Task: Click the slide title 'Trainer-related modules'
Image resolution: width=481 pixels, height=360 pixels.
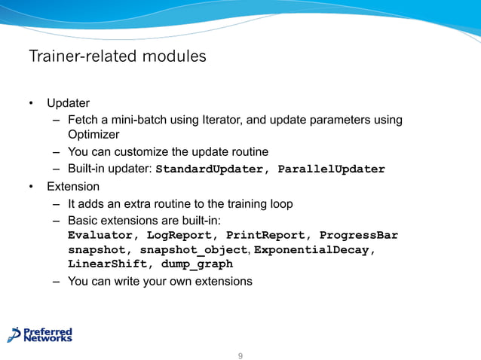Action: pyautogui.click(x=117, y=56)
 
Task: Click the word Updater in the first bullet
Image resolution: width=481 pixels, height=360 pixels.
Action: pyautogui.click(x=69, y=103)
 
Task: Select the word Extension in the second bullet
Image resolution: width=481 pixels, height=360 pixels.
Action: pyautogui.click(x=73, y=186)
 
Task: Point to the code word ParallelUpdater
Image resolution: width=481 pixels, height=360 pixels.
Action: pyautogui.click(x=331, y=169)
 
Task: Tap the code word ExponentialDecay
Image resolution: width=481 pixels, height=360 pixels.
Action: pyautogui.click(x=315, y=250)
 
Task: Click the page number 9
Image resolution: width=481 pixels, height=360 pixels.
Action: pyautogui.click(x=240, y=355)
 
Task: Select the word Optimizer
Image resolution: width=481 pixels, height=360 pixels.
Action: pyautogui.click(x=94, y=134)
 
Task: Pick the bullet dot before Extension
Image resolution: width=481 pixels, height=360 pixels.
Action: pyautogui.click(x=32, y=187)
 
